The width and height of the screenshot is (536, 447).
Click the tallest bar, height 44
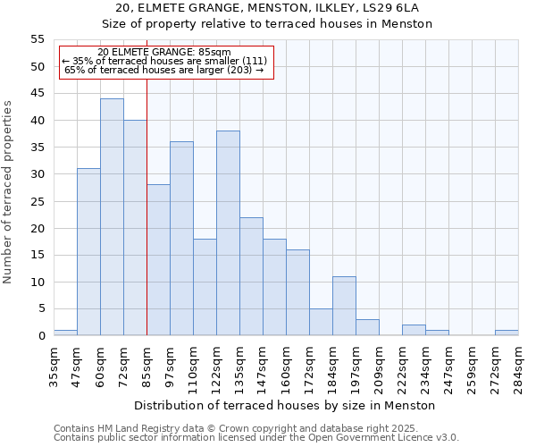[x=112, y=217]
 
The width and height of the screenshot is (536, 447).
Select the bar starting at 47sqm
[x=88, y=252]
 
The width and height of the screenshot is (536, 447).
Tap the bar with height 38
[x=228, y=233]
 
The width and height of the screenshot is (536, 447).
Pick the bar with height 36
[x=181, y=239]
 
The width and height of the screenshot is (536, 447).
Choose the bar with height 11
[x=344, y=306]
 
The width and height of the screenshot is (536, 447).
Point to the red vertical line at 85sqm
[x=147, y=206]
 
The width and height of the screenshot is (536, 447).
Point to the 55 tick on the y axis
[x=38, y=39]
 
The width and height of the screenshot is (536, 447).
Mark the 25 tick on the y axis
[x=38, y=201]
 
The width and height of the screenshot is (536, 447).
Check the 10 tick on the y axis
[x=38, y=283]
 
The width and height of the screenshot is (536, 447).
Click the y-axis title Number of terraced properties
[x=9, y=191]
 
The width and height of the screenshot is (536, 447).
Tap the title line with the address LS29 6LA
[x=267, y=8]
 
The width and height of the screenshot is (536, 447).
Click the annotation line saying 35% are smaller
[x=164, y=61]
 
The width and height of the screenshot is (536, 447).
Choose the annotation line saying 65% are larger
[x=164, y=70]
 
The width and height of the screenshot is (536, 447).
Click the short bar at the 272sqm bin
[x=507, y=333]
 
